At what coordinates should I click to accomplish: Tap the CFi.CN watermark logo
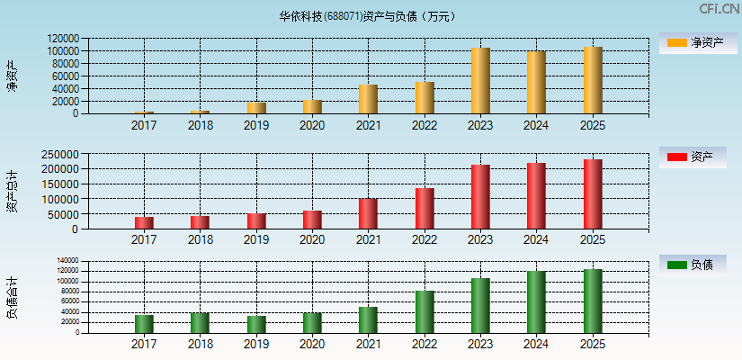719,9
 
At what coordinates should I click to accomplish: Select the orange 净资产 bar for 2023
480,81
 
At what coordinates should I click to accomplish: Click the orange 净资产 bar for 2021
368,99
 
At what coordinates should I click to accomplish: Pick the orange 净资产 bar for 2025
593,80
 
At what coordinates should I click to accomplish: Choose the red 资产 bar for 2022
425,209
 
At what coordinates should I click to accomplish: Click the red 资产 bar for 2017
144,223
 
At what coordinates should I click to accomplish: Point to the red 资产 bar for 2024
536,196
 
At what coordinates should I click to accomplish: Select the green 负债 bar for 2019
256,324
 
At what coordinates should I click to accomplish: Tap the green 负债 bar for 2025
593,301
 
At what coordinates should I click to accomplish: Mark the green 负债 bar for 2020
312,322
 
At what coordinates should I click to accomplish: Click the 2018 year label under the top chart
200,125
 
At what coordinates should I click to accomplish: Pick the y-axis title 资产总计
13,191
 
